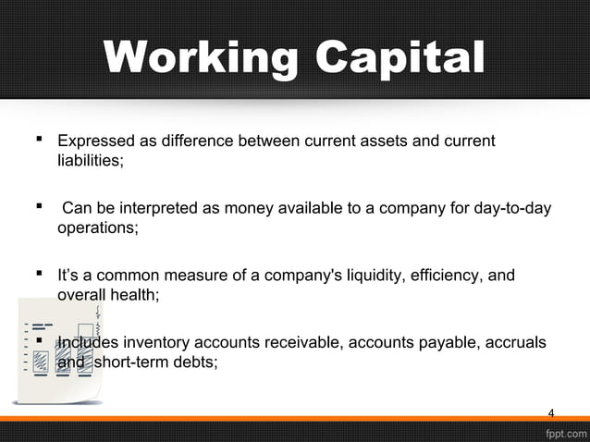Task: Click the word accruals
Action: [x=512, y=344]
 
